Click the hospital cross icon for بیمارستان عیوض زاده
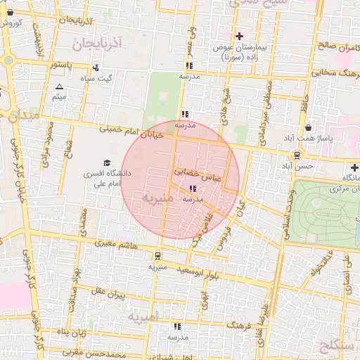click(240, 36)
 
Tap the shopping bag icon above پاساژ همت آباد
click(309, 128)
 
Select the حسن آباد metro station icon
click(297, 155)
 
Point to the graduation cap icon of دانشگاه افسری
click(107, 162)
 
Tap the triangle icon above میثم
click(59, 87)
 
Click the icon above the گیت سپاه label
click(95, 67)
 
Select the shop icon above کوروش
click(10, 12)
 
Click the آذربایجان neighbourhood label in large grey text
click(97, 44)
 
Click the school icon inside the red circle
click(193, 188)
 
